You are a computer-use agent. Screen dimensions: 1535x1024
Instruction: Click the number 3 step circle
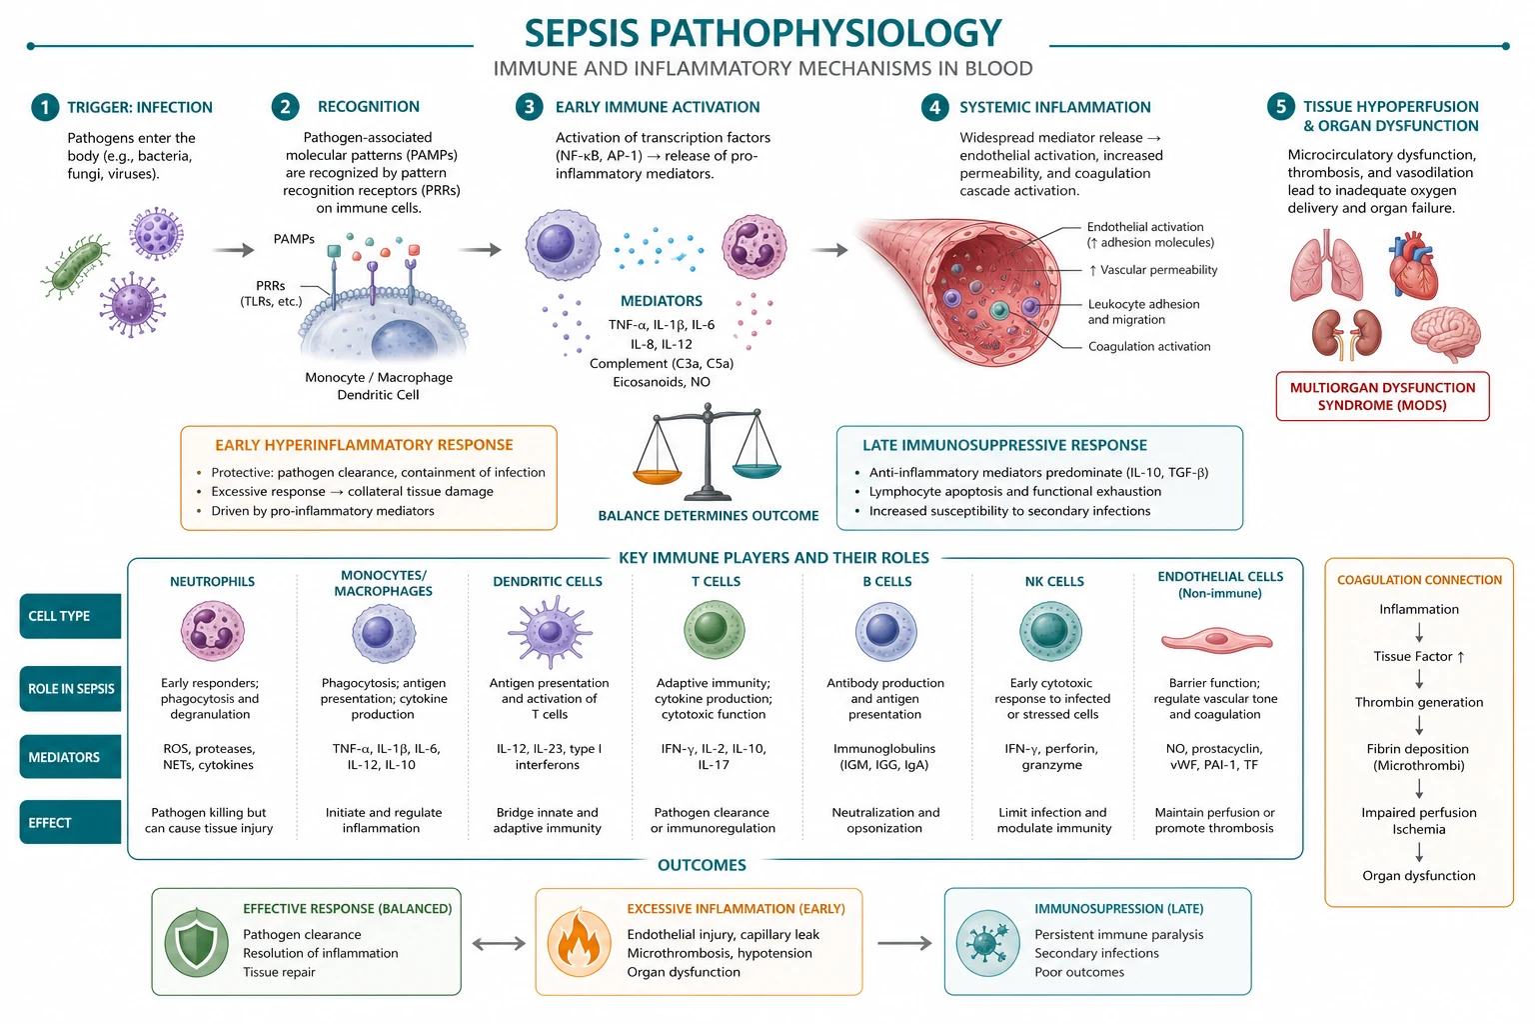pyautogui.click(x=529, y=107)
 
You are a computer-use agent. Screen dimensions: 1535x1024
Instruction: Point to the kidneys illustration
pyautogui.click(x=1346, y=334)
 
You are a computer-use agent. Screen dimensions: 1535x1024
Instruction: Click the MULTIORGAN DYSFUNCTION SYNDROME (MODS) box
pyautogui.click(x=1382, y=396)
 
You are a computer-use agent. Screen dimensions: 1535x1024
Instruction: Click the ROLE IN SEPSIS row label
pyautogui.click(x=71, y=689)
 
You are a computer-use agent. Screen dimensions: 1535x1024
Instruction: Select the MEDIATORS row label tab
pyautogui.click(x=71, y=757)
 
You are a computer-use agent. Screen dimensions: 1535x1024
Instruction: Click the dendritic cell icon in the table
pyautogui.click(x=550, y=631)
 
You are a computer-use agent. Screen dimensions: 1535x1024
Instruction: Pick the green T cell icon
pyautogui.click(x=715, y=630)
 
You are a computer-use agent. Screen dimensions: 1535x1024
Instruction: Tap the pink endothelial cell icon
pyautogui.click(x=1216, y=641)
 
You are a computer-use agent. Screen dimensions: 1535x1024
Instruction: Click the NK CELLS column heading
pyautogui.click(x=1054, y=582)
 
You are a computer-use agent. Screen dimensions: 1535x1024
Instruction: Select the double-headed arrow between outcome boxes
pyautogui.click(x=499, y=944)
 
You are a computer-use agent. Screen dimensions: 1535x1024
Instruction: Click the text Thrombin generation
pyautogui.click(x=1418, y=702)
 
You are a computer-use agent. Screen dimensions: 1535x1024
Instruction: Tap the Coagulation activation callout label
pyautogui.click(x=1149, y=346)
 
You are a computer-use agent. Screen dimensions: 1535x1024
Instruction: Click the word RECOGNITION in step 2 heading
pyautogui.click(x=369, y=106)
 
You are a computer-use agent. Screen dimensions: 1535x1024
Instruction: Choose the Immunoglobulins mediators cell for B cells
pyautogui.click(x=884, y=757)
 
